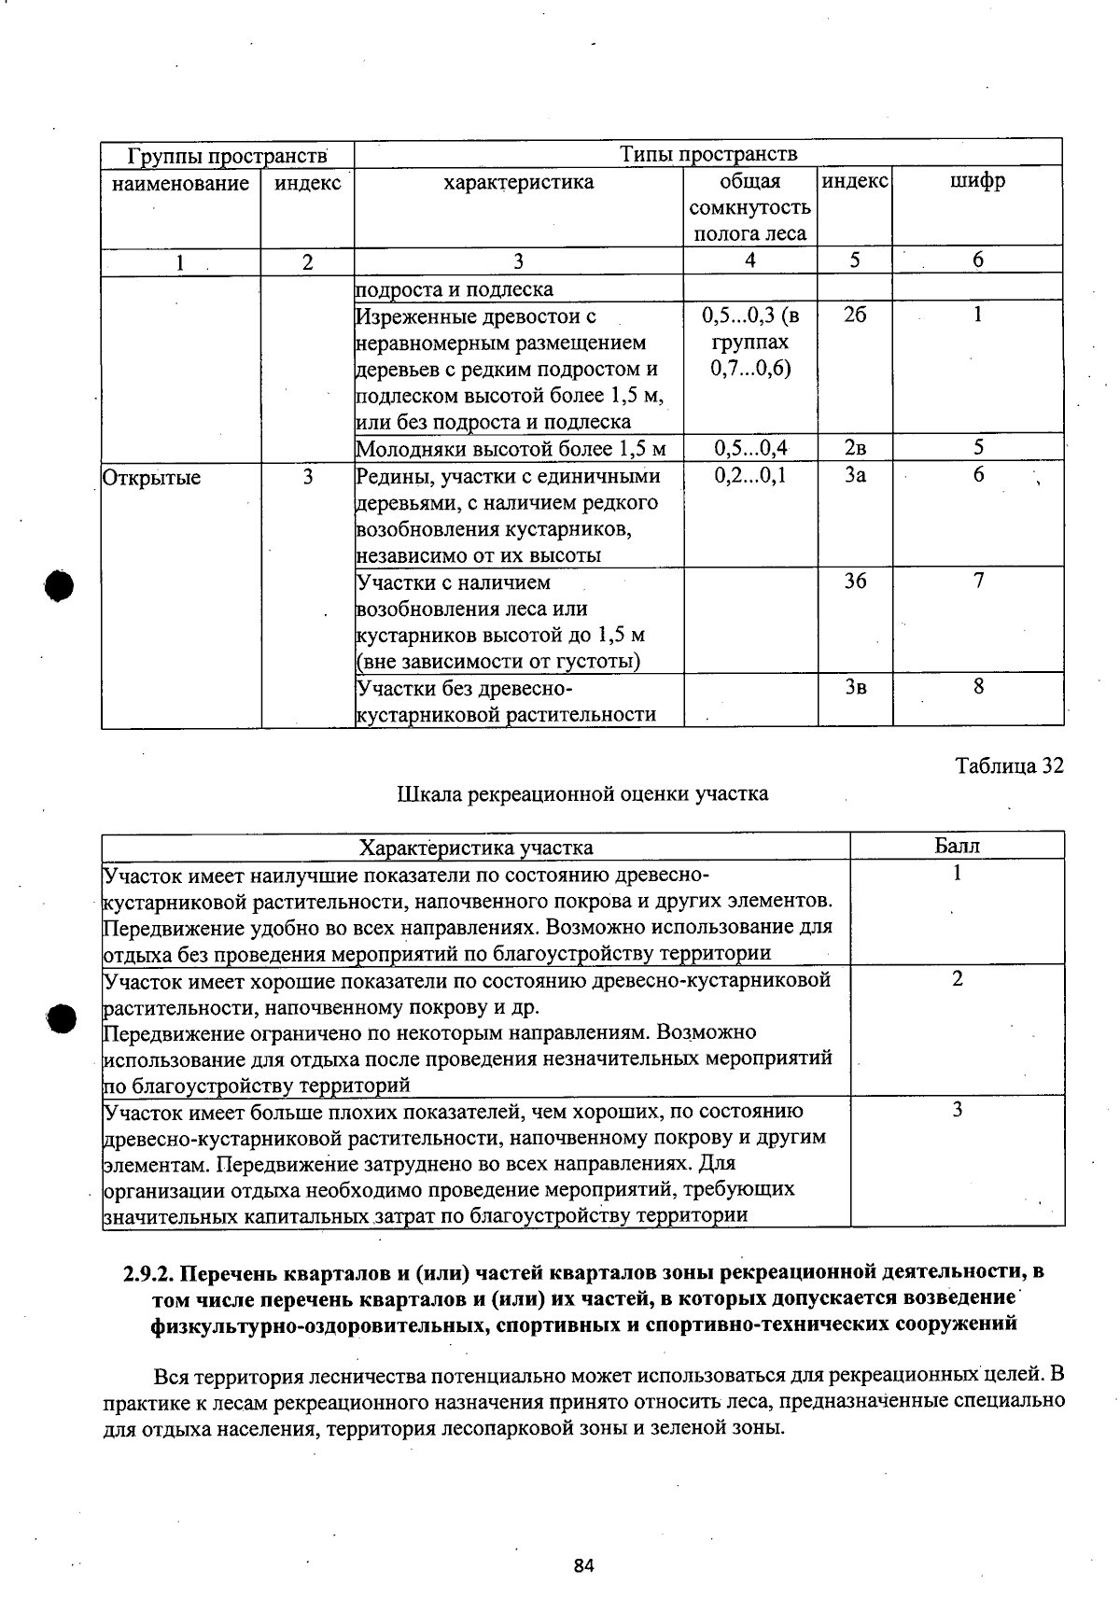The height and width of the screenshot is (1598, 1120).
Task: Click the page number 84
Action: click(584, 1565)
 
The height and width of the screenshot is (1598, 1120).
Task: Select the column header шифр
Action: click(977, 181)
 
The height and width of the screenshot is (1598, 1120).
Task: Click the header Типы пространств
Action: click(709, 153)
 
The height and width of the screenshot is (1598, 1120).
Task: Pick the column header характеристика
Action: click(519, 181)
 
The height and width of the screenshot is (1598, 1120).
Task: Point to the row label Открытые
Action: click(151, 478)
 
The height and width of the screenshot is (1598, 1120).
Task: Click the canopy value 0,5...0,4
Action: click(750, 448)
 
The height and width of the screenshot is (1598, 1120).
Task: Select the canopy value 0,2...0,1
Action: click(750, 475)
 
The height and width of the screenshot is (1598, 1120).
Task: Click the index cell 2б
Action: click(855, 315)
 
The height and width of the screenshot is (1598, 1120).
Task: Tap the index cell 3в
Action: click(855, 687)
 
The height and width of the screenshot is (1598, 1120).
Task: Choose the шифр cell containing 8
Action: click(978, 686)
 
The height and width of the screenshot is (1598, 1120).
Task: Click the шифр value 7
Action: click(978, 581)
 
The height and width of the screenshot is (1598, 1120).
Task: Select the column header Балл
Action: click(958, 846)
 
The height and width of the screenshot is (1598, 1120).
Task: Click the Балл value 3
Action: click(958, 1110)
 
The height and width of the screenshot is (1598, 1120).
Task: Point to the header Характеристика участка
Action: click(476, 847)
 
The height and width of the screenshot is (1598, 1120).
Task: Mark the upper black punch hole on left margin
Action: click(59, 586)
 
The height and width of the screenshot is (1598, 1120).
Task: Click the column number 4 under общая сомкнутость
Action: click(750, 261)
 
